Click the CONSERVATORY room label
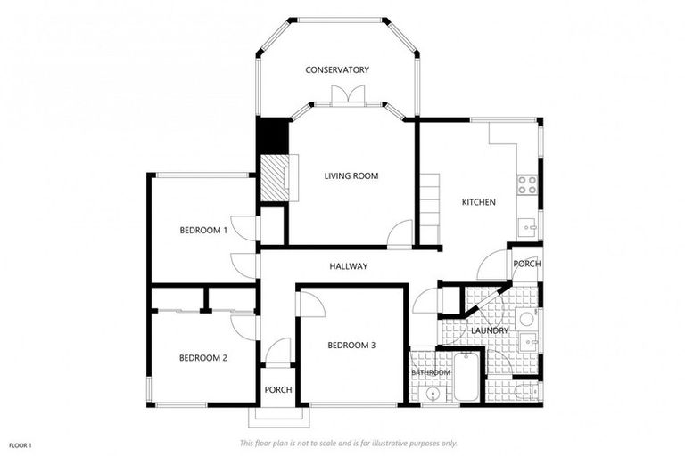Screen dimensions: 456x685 click(337, 70)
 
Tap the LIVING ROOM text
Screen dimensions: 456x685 click(351, 176)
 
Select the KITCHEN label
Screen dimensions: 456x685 click(478, 202)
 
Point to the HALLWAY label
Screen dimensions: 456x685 click(348, 266)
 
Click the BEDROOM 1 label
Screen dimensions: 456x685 click(203, 230)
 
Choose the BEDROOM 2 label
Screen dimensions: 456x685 click(203, 358)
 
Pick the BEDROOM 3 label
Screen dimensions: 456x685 click(351, 346)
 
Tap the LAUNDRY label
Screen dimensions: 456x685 click(491, 330)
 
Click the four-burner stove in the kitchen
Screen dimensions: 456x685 click(527, 184)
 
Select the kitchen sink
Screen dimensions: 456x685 click(530, 227)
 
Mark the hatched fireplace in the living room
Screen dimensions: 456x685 click(273, 177)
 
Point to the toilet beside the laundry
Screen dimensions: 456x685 click(526, 389)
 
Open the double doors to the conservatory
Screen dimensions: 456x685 click(347, 95)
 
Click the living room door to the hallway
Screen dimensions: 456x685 click(400, 232)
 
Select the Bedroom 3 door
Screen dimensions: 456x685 click(310, 303)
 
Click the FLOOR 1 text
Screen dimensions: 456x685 click(20, 444)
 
